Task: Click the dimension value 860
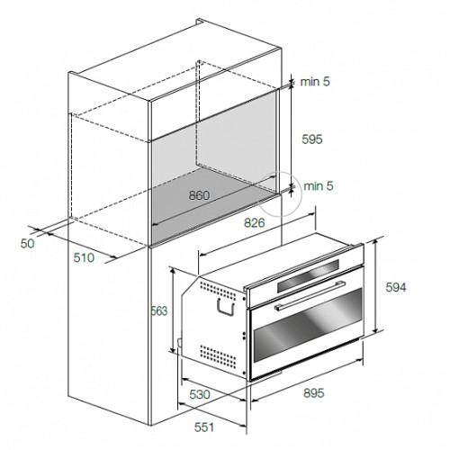point(199,195)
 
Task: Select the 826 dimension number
point(255,223)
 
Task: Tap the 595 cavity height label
point(312,139)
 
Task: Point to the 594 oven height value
point(396,287)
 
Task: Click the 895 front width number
point(314,393)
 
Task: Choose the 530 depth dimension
point(200,394)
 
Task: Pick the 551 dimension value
point(204,427)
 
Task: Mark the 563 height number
point(159,311)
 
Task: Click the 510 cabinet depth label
point(84,257)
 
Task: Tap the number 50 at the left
point(28,244)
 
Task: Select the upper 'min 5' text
point(315,82)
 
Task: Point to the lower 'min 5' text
point(319,186)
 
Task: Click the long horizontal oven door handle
point(310,294)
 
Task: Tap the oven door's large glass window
point(308,325)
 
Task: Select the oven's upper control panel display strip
point(308,275)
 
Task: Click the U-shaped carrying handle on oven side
point(225,307)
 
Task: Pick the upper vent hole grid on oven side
point(218,291)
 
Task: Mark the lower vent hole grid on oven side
point(218,356)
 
